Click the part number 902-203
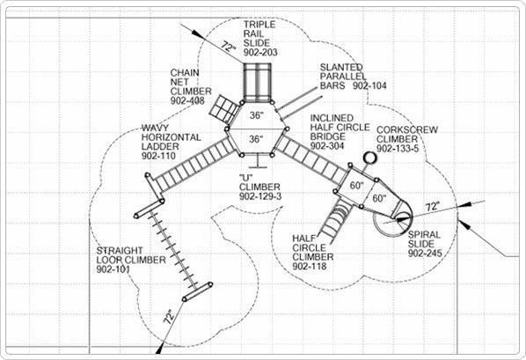pyautogui.click(x=260, y=53)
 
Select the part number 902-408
pyautogui.click(x=187, y=100)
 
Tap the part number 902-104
pyautogui.click(x=369, y=85)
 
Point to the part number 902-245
pyautogui.click(x=425, y=253)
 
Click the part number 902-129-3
pyautogui.click(x=260, y=196)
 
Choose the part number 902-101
pyautogui.click(x=113, y=269)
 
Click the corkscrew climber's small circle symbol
pyautogui.click(x=369, y=158)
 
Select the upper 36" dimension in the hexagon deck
pyautogui.click(x=257, y=115)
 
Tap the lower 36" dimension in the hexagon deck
pyautogui.click(x=256, y=139)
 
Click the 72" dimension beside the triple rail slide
pyautogui.click(x=229, y=47)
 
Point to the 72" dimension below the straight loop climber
pyautogui.click(x=170, y=316)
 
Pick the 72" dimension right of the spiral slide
pyautogui.click(x=433, y=207)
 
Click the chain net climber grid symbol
pyautogui.click(x=223, y=108)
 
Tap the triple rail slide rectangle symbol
pyautogui.click(x=257, y=82)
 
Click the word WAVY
pyautogui.click(x=155, y=128)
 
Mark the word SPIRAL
pyautogui.click(x=424, y=234)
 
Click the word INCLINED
pyautogui.click(x=332, y=118)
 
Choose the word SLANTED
pyautogui.click(x=341, y=67)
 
